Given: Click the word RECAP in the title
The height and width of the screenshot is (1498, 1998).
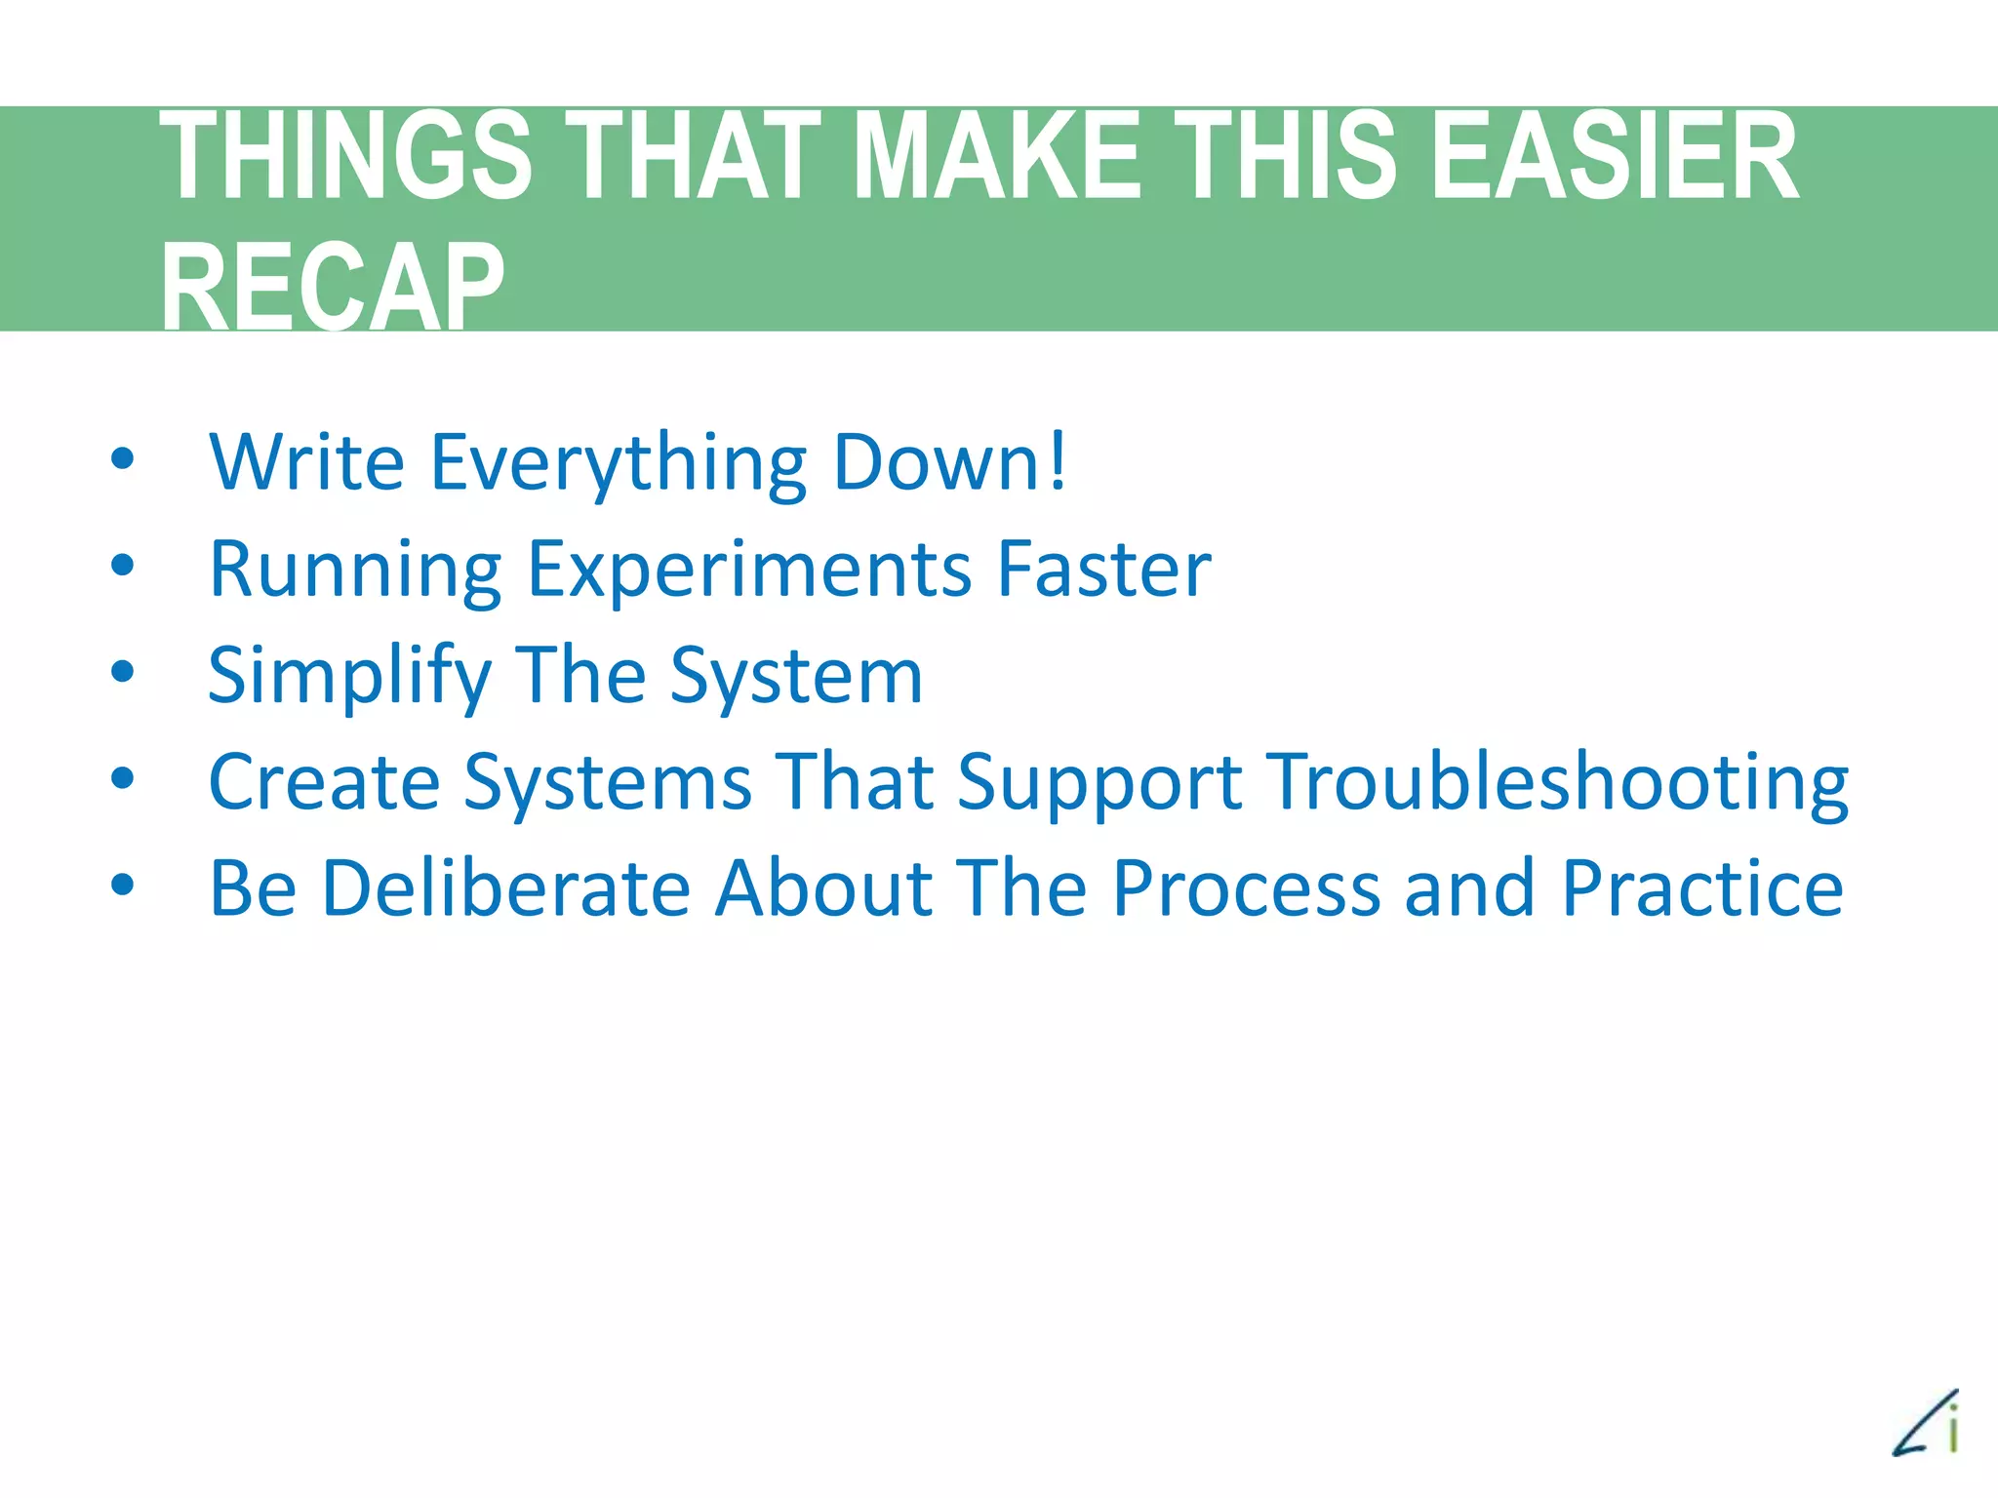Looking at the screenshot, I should pyautogui.click(x=333, y=287).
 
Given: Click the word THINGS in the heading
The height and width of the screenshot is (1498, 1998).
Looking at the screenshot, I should pyautogui.click(x=345, y=156).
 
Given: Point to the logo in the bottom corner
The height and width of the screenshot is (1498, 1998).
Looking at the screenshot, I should pyautogui.click(x=1927, y=1425).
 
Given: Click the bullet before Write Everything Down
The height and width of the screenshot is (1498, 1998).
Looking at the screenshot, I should pyautogui.click(x=122, y=458).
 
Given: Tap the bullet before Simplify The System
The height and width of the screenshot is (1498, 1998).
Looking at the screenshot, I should pyautogui.click(x=122, y=672).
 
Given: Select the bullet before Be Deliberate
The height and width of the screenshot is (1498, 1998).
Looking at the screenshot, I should pyautogui.click(x=122, y=885).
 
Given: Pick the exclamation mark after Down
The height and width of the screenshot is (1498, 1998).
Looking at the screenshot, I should pyautogui.click(x=1055, y=460).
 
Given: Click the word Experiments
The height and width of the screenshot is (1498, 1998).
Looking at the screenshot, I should pyautogui.click(x=749, y=571).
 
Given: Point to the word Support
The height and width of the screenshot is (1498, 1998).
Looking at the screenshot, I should pyautogui.click(x=1099, y=784).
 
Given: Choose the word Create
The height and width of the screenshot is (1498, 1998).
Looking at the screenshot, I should pyautogui.click(x=324, y=782).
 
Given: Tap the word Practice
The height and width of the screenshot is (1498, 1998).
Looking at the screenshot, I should pyautogui.click(x=1701, y=888).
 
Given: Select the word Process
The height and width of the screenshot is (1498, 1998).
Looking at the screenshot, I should pyautogui.click(x=1246, y=888).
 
